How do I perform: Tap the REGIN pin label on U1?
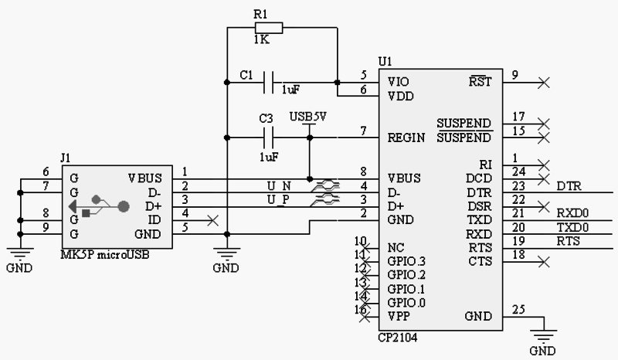(x=406, y=138)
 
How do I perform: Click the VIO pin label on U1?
(x=399, y=81)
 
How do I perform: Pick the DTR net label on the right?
(x=569, y=186)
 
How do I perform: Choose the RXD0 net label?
(x=572, y=213)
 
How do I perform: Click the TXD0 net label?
(x=572, y=227)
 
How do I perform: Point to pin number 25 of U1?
(x=518, y=310)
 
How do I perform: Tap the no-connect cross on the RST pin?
(x=545, y=81)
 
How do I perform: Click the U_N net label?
(x=278, y=186)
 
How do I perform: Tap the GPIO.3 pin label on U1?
(x=406, y=261)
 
